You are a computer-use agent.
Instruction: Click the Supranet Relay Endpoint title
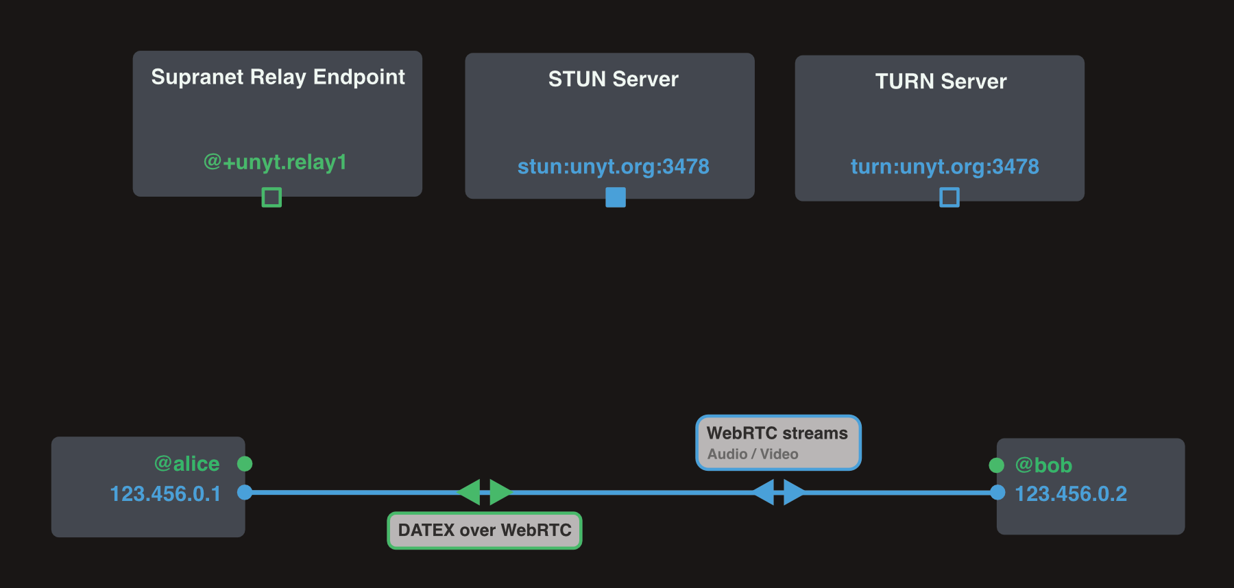pos(278,77)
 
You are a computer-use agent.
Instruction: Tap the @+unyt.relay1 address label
pos(275,162)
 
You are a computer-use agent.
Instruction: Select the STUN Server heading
pos(613,79)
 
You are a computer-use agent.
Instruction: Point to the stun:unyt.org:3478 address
pos(613,167)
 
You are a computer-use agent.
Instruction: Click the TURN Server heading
pos(941,82)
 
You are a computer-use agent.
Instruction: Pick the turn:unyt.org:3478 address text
pos(945,167)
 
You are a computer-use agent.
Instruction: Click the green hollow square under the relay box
pos(271,197)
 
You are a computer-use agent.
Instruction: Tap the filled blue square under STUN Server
pos(616,197)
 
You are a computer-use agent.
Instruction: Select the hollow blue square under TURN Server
pos(949,197)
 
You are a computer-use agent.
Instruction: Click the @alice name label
pos(186,464)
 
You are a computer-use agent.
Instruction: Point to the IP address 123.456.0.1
pos(165,494)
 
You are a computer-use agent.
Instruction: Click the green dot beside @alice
pos(245,464)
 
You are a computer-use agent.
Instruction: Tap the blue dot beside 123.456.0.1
pos(245,492)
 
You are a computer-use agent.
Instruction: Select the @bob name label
pos(1043,465)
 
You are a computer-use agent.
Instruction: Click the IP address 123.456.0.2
pos(1070,494)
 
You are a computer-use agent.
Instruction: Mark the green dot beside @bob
pos(997,465)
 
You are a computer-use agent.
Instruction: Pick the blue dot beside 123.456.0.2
pos(997,492)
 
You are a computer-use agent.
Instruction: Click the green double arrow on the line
pos(485,492)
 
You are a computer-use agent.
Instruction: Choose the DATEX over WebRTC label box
pos(485,530)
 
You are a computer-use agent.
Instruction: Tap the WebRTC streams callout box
pos(778,443)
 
